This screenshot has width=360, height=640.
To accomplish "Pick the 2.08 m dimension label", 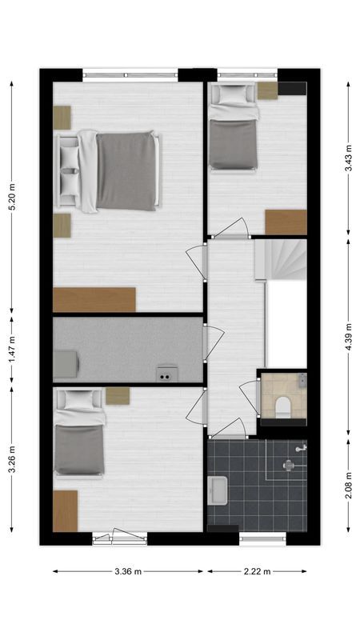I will [x=348, y=484].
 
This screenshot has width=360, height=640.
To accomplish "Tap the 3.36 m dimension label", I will [x=128, y=572].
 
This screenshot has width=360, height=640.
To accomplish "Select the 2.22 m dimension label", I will [x=258, y=572].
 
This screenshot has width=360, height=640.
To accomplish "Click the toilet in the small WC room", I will [x=282, y=406].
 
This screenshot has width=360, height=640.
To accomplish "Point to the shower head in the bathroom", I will [x=300, y=450].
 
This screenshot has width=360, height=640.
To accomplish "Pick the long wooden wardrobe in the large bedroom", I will [x=94, y=300].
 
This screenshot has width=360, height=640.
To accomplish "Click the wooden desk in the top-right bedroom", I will [x=286, y=222].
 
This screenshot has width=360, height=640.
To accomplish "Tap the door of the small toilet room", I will [x=250, y=395].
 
